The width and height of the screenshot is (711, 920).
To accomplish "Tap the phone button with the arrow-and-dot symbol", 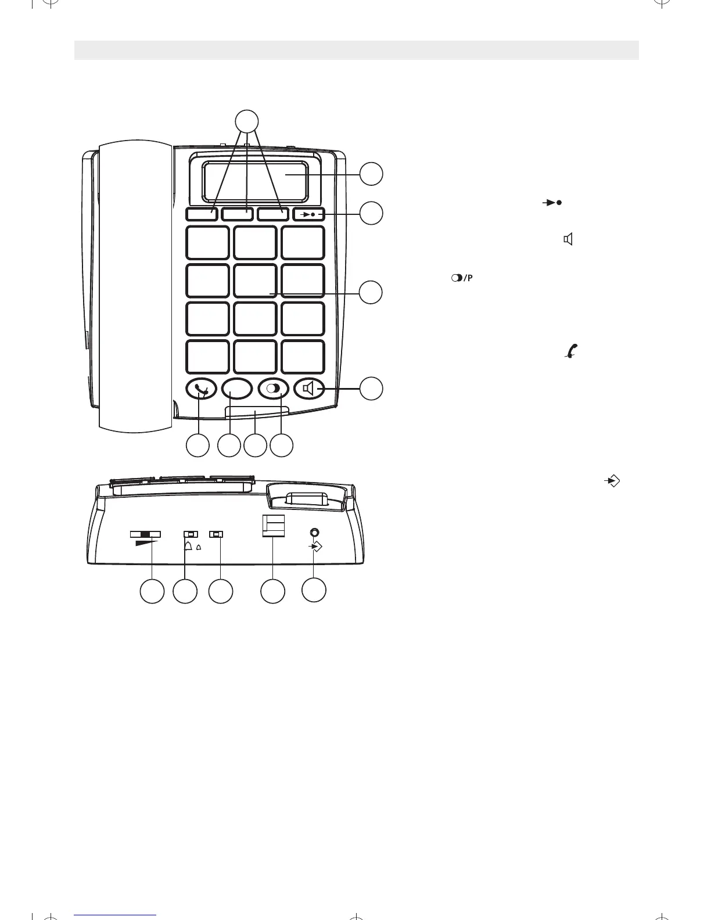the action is (x=308, y=214).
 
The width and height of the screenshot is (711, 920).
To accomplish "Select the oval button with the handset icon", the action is (x=201, y=389).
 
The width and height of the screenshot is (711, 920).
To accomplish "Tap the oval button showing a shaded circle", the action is (x=273, y=389).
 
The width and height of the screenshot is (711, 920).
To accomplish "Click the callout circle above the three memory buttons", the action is (x=247, y=121).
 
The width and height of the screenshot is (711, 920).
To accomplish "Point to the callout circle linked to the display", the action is (x=371, y=174).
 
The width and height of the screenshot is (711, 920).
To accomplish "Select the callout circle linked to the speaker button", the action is (x=371, y=388).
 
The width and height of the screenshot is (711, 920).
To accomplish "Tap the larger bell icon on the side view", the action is (x=188, y=546).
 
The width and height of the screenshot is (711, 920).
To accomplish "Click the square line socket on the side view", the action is (x=273, y=526).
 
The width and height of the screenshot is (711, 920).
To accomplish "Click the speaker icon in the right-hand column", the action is (x=568, y=239).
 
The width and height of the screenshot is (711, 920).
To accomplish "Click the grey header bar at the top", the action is (x=356, y=50).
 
